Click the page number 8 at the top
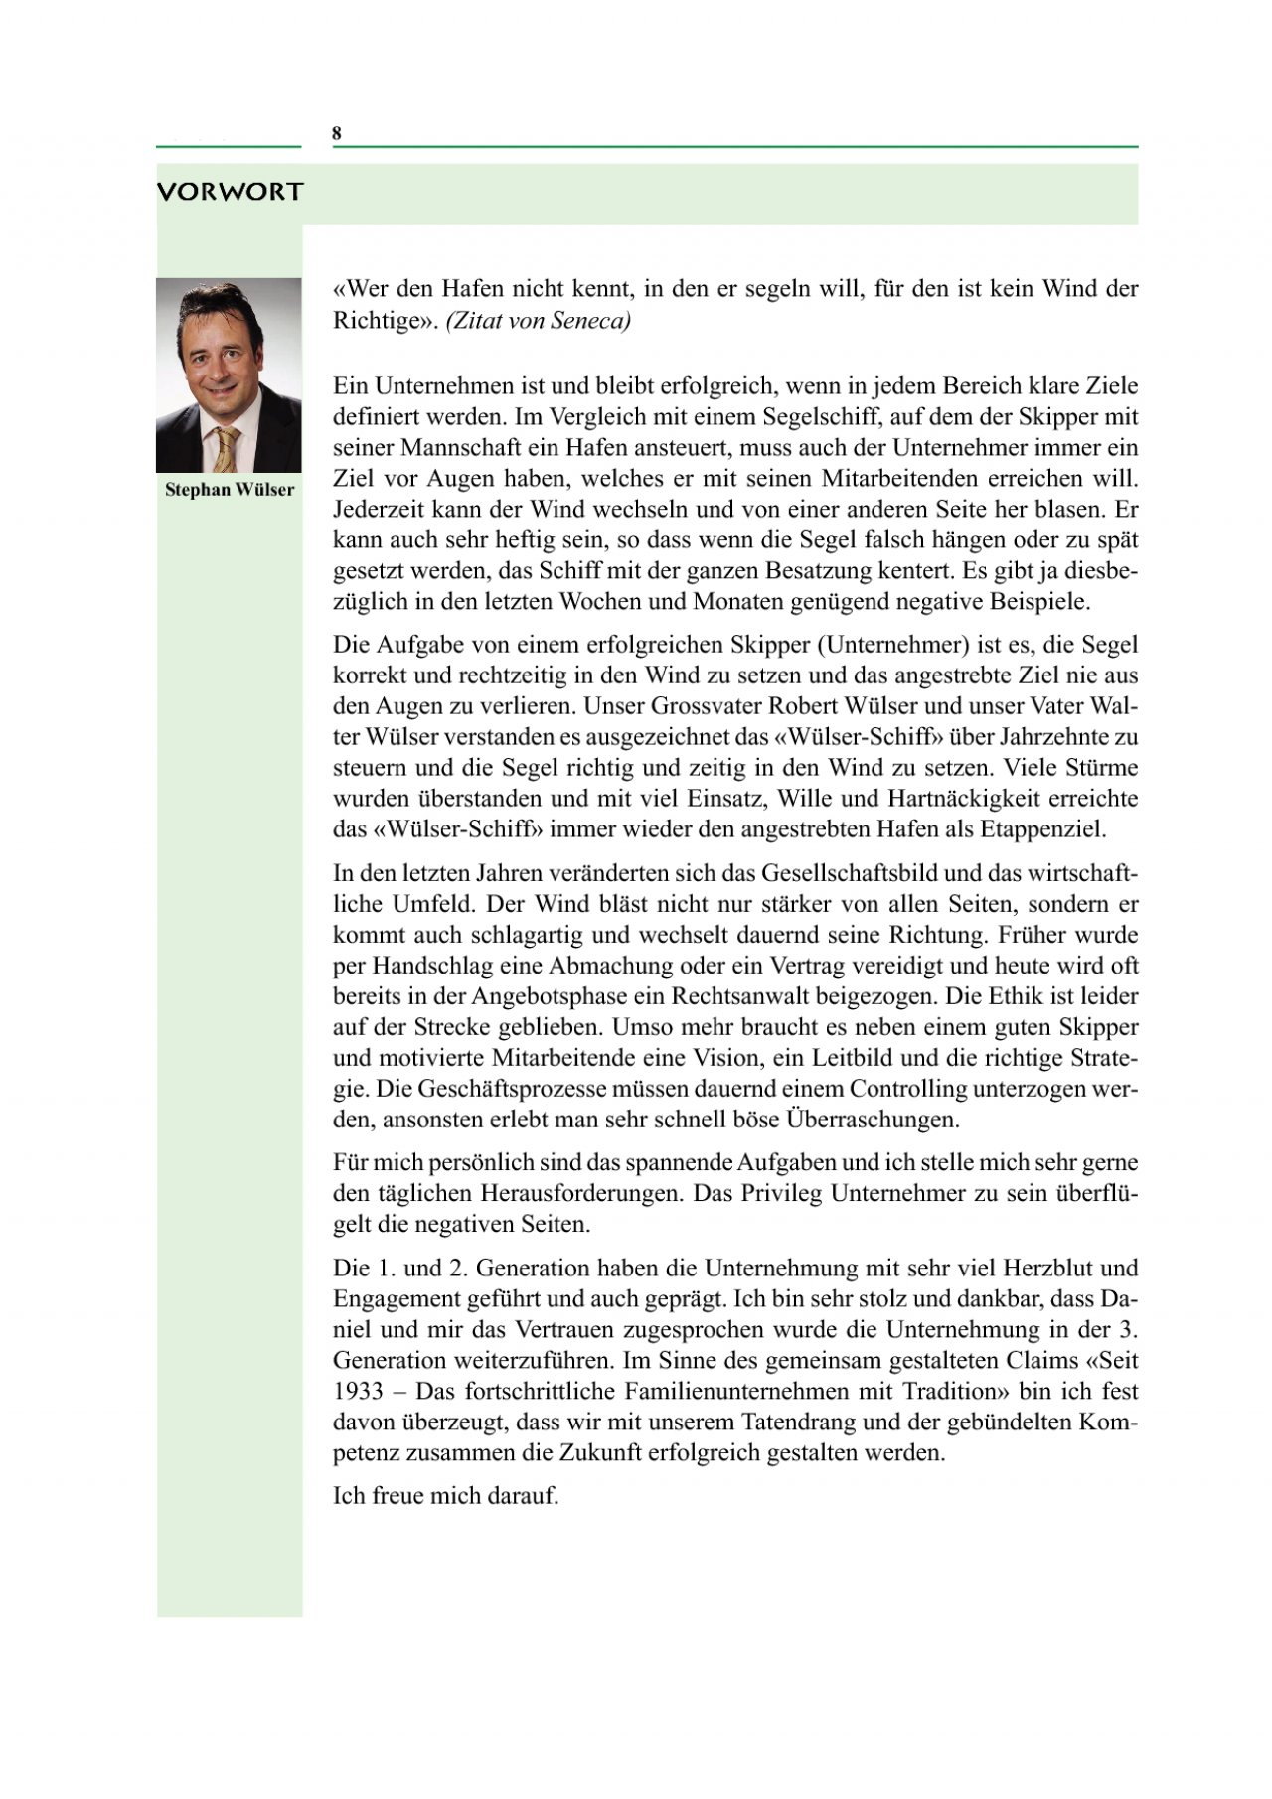coord(337,134)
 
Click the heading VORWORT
coord(230,192)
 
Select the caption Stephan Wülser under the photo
coord(230,490)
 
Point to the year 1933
coord(358,1392)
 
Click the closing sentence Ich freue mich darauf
coord(446,1496)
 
